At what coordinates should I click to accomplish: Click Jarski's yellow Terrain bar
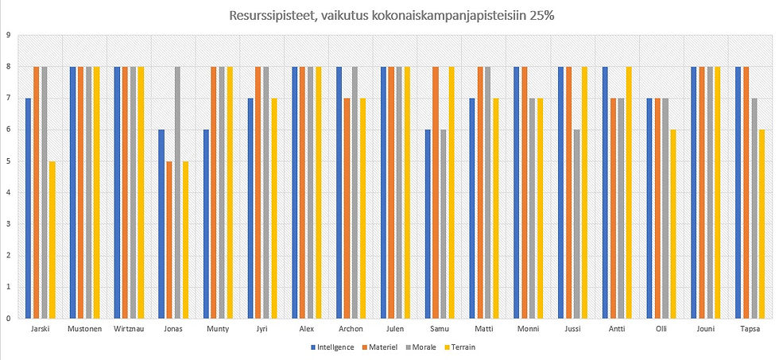[x=53, y=238]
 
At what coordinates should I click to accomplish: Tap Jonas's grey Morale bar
[x=178, y=191]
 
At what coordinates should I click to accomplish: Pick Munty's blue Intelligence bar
[x=205, y=223]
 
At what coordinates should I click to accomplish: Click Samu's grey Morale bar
[x=444, y=223]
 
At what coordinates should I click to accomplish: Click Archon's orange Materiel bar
[x=347, y=207]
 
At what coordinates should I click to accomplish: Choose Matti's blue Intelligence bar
[x=472, y=207]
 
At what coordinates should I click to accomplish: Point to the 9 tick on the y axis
[x=7, y=35]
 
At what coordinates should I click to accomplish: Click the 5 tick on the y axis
[x=7, y=161]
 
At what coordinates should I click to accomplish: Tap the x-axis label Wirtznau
[x=129, y=329]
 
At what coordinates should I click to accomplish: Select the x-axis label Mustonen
[x=84, y=329]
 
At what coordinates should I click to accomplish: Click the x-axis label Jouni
[x=706, y=329]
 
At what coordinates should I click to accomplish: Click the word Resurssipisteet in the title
[x=269, y=15]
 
